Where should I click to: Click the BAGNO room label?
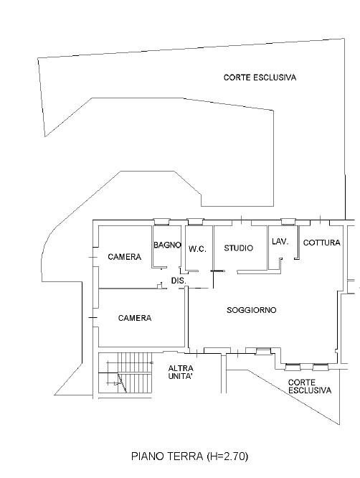click(167, 245)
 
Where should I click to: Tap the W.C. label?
click(197, 249)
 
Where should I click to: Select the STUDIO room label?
click(239, 248)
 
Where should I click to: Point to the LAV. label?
click(280, 242)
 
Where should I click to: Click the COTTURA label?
click(321, 243)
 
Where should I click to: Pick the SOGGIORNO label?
click(252, 310)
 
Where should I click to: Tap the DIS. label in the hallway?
click(179, 281)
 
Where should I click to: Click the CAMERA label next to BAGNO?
click(125, 257)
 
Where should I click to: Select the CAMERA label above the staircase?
click(135, 318)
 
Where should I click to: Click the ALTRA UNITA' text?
click(181, 372)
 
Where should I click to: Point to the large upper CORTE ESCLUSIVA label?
click(260, 78)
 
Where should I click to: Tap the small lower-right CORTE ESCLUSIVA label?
click(310, 386)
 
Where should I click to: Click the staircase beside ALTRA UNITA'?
click(125, 373)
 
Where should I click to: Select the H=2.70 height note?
click(227, 456)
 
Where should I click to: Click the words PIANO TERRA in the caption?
click(167, 456)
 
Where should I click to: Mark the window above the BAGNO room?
click(161, 222)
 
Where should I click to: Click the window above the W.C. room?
click(195, 222)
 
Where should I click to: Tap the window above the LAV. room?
click(288, 222)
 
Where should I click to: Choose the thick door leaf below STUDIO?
click(218, 271)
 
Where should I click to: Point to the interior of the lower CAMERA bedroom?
click(141, 332)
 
